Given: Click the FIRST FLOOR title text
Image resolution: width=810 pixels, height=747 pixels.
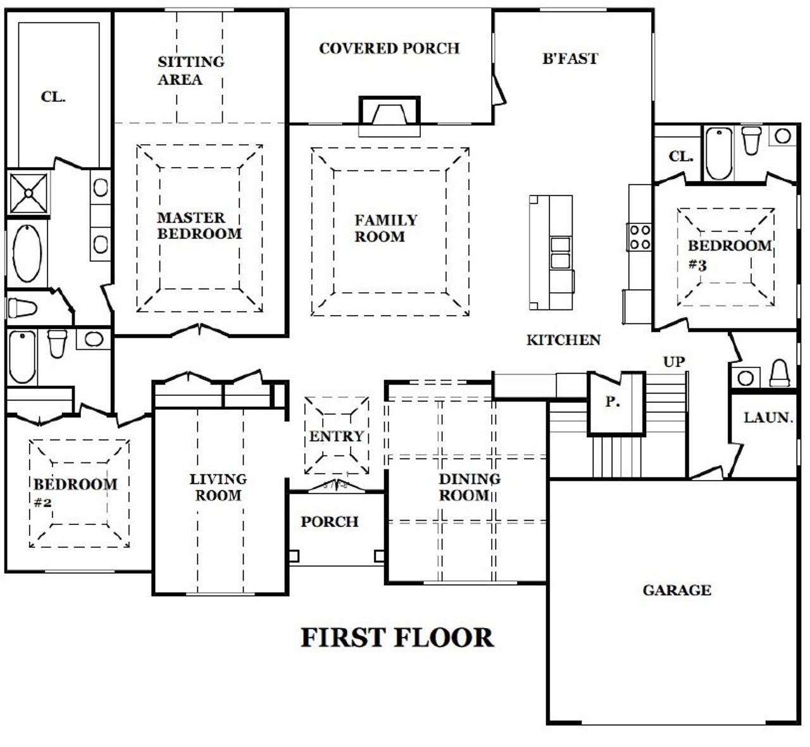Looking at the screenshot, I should click(x=397, y=638).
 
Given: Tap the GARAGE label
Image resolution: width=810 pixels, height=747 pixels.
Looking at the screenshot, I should click(x=676, y=590).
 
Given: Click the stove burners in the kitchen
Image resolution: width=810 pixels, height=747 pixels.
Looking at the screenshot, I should click(x=639, y=237).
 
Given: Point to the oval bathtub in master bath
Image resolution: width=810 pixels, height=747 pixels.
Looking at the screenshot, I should click(x=28, y=253).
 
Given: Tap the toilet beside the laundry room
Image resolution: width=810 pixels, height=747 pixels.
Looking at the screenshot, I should click(x=779, y=374).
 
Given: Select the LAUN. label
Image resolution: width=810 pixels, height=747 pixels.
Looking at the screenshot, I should click(x=768, y=417).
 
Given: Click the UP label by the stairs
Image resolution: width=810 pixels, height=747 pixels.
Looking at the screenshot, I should click(x=673, y=362).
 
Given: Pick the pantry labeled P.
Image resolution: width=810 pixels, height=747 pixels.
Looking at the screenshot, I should click(x=612, y=402).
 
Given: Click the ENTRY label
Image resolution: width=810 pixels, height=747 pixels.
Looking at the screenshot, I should click(x=336, y=436).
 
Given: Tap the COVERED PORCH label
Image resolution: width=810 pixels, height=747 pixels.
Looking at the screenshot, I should click(x=389, y=49).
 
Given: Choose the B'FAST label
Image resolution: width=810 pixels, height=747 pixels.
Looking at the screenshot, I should click(x=570, y=59).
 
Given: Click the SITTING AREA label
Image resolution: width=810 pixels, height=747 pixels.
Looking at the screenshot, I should click(x=190, y=70).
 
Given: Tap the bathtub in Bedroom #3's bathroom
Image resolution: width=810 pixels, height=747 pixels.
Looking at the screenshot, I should click(x=719, y=154).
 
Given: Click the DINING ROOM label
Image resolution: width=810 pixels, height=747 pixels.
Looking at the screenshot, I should click(x=469, y=487).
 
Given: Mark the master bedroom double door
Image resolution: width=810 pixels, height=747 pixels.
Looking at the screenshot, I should click(x=201, y=330).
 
